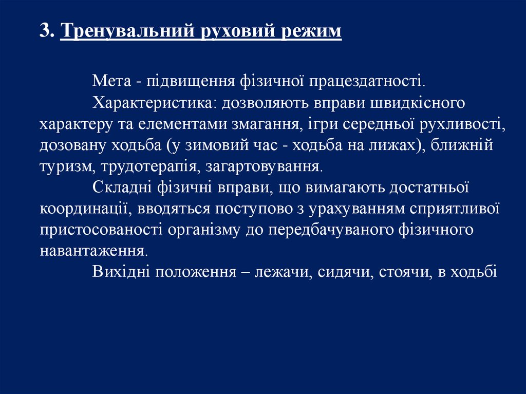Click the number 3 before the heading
(45, 30)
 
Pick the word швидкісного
(417, 103)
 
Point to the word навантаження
(93, 251)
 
